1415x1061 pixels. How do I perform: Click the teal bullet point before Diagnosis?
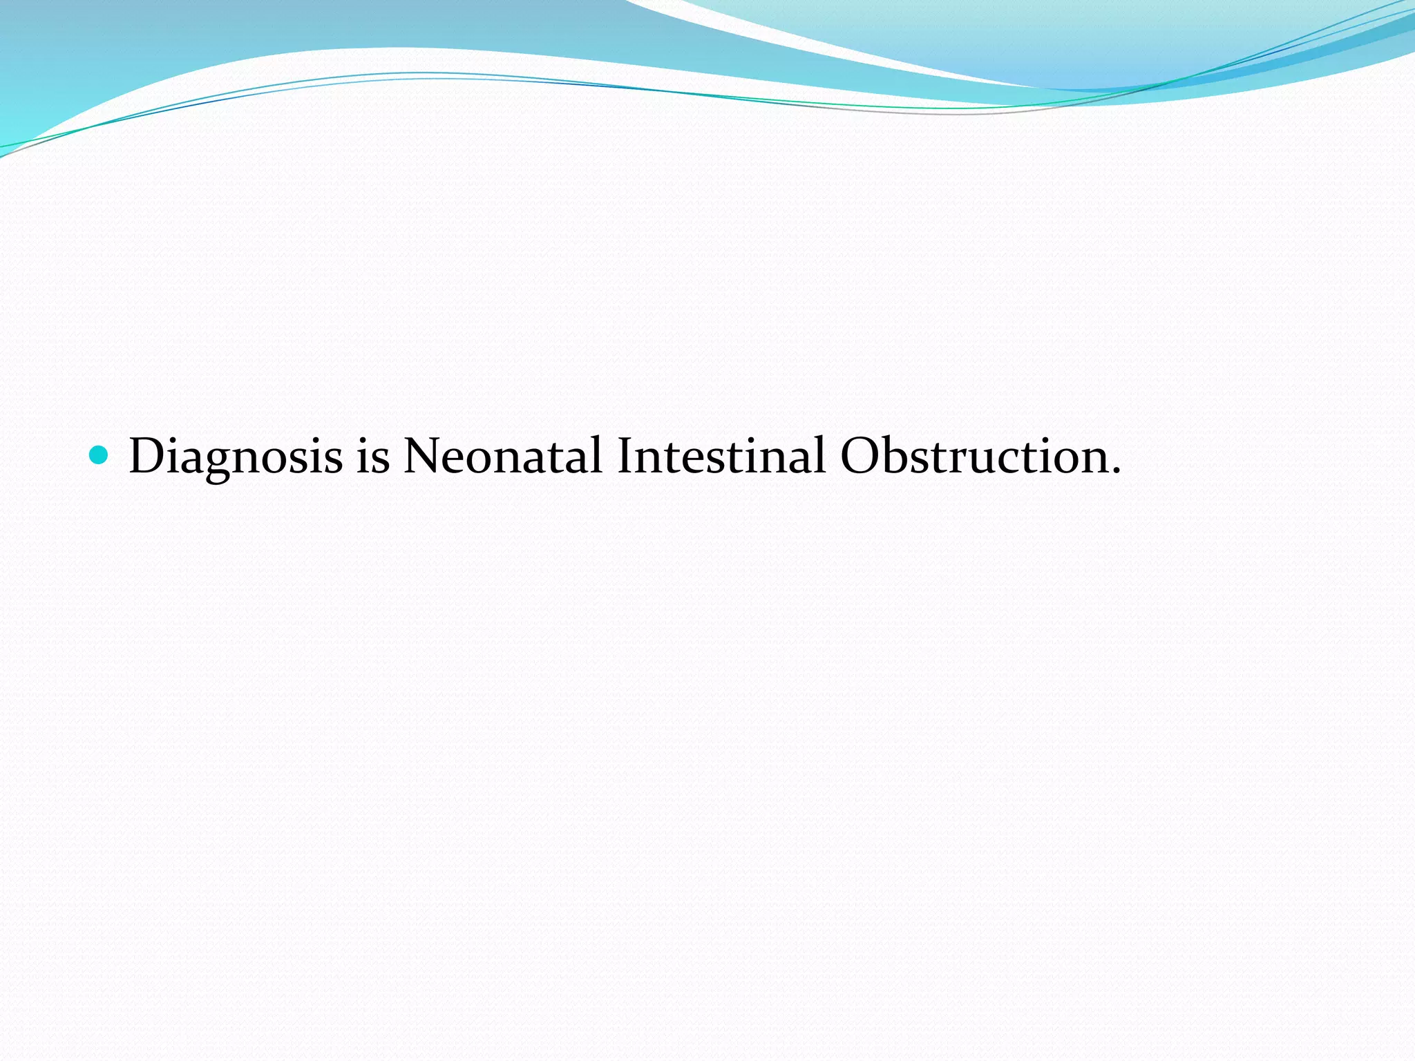pyautogui.click(x=98, y=455)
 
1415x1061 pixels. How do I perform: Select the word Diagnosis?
pyautogui.click(x=235, y=457)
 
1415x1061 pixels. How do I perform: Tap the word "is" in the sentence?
pyautogui.click(x=372, y=457)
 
